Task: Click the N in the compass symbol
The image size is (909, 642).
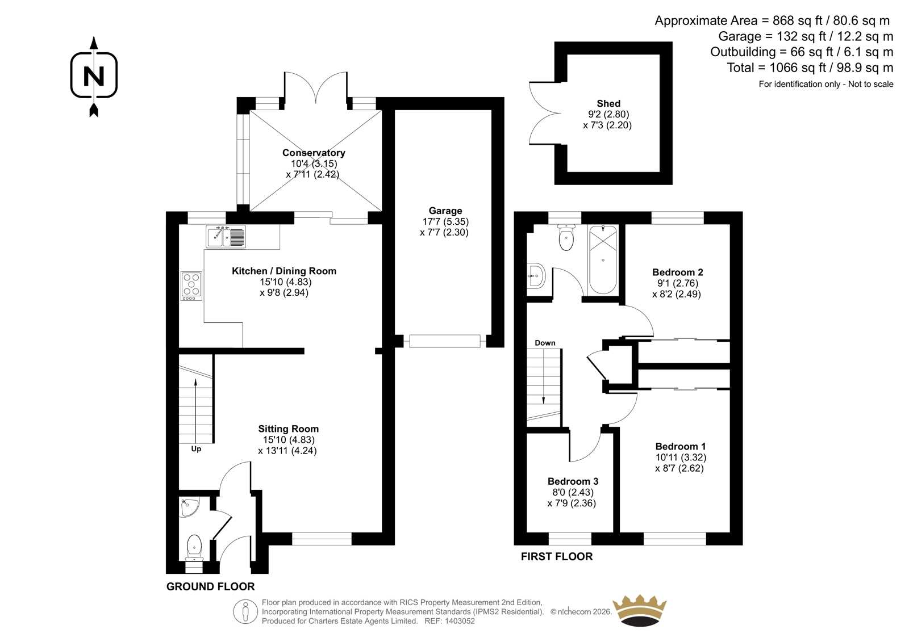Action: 94,76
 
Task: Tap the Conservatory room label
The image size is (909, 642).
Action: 314,153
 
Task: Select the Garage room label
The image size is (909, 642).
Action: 445,211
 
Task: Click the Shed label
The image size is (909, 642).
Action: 608,103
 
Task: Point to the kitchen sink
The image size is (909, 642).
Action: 226,237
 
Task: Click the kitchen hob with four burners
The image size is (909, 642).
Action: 191,286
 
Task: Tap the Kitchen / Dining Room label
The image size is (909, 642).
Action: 284,271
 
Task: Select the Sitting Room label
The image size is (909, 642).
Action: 289,429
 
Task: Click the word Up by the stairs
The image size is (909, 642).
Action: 196,450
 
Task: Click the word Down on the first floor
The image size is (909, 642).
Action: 545,343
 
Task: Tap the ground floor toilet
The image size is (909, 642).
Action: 194,548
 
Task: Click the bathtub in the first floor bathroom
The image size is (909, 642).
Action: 603,260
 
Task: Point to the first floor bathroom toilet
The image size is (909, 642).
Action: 566,237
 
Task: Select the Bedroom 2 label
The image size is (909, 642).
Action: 678,272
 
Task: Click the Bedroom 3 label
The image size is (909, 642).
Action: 573,481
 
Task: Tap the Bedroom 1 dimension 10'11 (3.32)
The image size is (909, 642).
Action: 681,458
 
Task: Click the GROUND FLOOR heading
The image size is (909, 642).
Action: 211,586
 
